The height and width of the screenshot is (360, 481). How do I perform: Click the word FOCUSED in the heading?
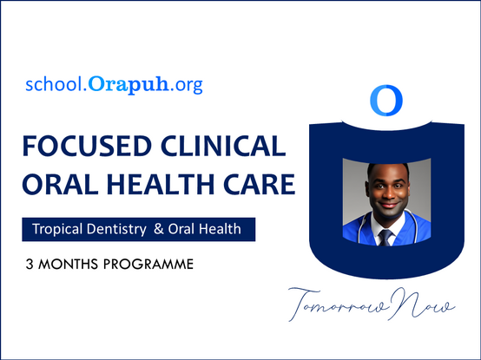[x=88, y=146]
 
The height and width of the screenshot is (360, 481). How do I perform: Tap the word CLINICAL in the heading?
[x=223, y=146]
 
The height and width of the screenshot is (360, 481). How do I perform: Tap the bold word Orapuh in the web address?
[x=128, y=84]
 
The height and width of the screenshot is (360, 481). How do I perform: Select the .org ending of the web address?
[x=187, y=85]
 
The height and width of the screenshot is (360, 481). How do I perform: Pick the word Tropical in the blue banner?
[x=57, y=229]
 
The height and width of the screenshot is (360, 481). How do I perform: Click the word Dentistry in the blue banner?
[x=116, y=229]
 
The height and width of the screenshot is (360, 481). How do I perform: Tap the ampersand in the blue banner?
[x=159, y=229]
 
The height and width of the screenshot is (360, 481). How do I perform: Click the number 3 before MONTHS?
[x=30, y=264]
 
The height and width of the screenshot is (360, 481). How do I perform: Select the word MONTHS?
[x=68, y=264]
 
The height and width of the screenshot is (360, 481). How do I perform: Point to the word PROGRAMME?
[x=148, y=264]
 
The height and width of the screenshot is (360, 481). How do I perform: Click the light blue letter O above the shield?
[x=386, y=101]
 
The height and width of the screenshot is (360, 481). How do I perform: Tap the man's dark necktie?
[x=385, y=238]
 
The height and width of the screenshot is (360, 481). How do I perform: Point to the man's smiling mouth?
[x=388, y=205]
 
